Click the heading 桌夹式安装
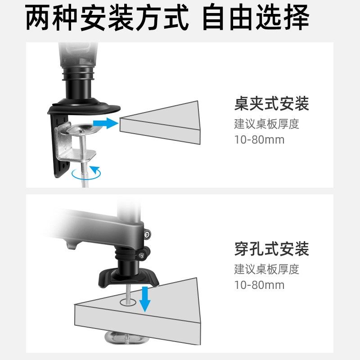tap(271, 105)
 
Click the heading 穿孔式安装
tap(271, 248)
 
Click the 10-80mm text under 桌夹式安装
tap(259, 139)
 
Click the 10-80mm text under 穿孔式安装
tap(259, 285)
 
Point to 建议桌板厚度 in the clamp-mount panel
tap(266, 124)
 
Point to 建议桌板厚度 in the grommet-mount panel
tap(266, 269)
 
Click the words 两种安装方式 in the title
tap(107, 18)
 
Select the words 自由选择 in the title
tap(256, 18)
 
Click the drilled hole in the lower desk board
tap(130, 302)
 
